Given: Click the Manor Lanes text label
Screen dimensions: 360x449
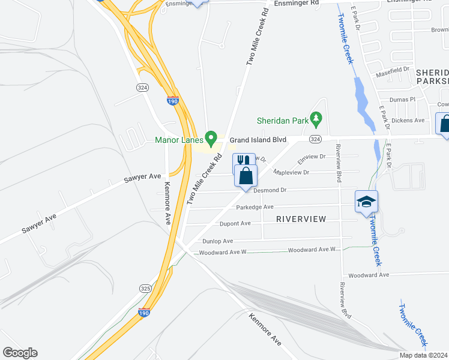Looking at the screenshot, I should click(x=178, y=140).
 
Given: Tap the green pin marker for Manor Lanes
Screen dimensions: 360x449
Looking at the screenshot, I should click(x=211, y=139).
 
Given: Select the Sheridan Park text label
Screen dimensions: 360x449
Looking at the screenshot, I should click(x=282, y=121).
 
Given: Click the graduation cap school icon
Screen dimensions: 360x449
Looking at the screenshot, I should click(x=366, y=202).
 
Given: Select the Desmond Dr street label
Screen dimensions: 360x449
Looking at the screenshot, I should click(x=270, y=190).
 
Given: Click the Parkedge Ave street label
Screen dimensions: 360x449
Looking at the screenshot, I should click(x=255, y=208).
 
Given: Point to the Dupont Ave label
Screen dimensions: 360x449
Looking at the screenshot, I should click(x=235, y=224).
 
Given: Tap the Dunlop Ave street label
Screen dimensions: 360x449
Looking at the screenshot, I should click(x=217, y=241).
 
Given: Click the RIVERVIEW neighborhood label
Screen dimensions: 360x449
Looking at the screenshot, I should click(x=301, y=219).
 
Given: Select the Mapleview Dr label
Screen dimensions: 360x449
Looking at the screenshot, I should click(x=291, y=172).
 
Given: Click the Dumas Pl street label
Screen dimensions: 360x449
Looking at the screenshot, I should click(x=403, y=100).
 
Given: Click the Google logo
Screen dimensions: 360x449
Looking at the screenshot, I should click(x=20, y=353).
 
